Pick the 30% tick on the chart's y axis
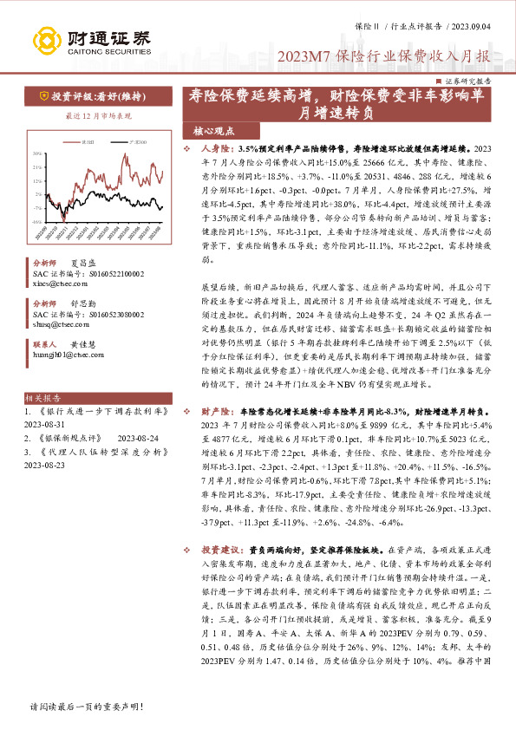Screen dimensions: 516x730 tap(37, 153)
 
